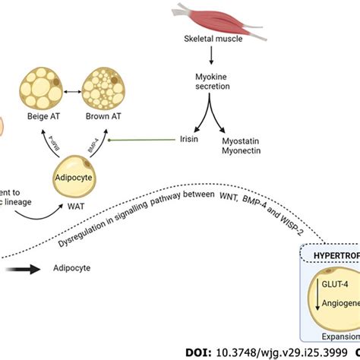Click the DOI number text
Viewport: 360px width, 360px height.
[257, 352]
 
